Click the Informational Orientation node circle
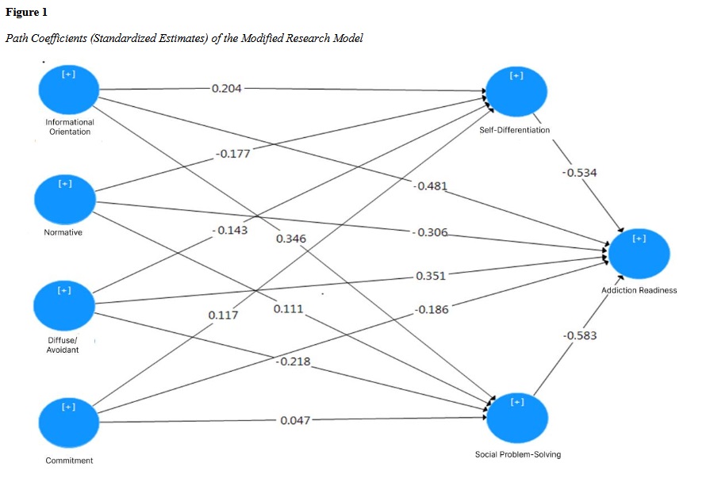68,89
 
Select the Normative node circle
64,197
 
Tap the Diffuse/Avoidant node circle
64,305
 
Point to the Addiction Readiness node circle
639,253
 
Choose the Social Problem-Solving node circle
517,417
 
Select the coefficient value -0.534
579,173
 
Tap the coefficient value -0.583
579,335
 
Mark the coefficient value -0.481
430,186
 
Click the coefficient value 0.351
431,277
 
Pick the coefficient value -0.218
293,362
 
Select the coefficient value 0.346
291,238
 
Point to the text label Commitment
69,461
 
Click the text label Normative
63,232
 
